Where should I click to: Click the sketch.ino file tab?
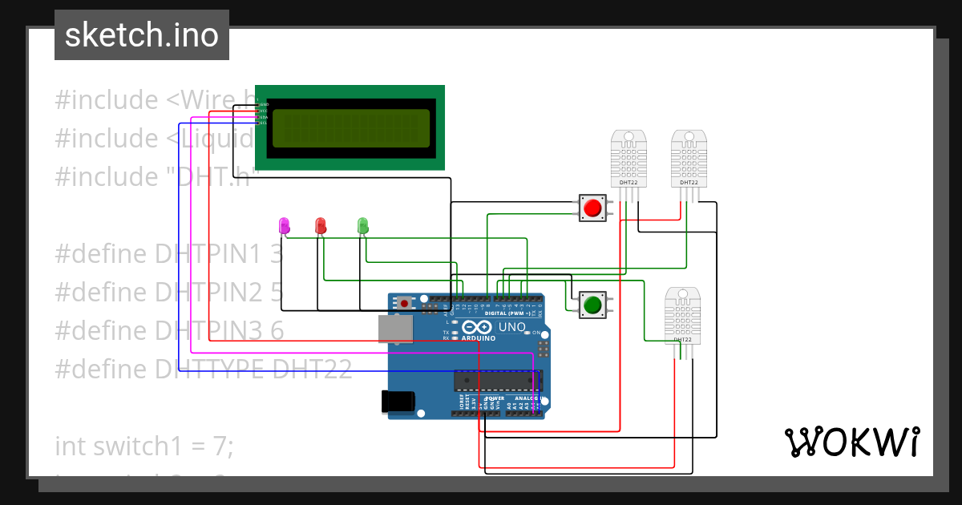[x=142, y=35]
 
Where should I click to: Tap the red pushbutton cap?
[x=592, y=208]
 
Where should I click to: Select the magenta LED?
[x=284, y=225]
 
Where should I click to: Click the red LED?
[x=321, y=225]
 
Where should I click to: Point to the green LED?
[x=362, y=225]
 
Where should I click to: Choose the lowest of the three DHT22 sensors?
[x=683, y=315]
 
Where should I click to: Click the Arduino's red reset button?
[x=406, y=304]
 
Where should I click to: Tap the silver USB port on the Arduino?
[x=395, y=329]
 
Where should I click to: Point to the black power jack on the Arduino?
[x=398, y=401]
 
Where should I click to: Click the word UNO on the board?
[x=512, y=327]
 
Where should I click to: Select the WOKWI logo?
[x=851, y=442]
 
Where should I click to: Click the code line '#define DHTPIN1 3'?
[x=169, y=254]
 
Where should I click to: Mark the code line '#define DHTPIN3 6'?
[x=169, y=330]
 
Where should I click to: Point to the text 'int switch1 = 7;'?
[x=144, y=446]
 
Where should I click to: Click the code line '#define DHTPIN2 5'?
[x=169, y=293]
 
